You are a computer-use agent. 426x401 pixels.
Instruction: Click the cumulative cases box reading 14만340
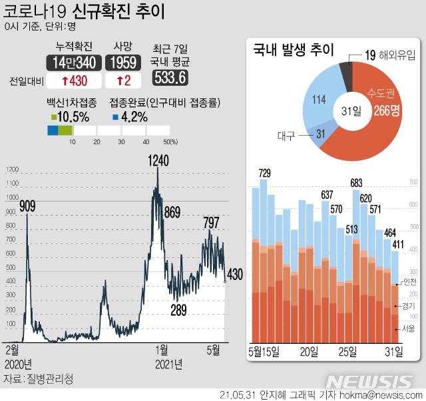73,63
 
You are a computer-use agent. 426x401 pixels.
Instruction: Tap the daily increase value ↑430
73,80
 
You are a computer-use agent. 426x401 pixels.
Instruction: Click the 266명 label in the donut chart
386,111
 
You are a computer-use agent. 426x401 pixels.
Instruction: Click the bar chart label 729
264,174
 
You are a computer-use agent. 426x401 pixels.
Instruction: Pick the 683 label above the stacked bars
356,184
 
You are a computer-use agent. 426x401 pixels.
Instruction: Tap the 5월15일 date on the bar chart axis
263,350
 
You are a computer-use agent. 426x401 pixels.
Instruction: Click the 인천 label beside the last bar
410,282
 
